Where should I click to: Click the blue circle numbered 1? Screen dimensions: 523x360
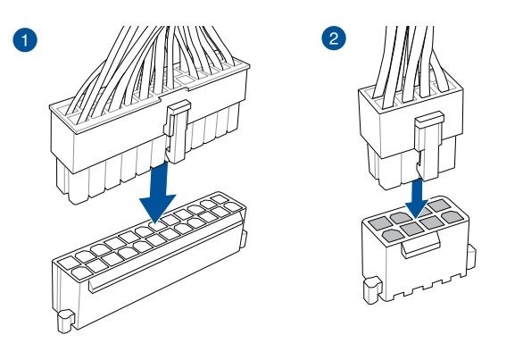pos(25,39)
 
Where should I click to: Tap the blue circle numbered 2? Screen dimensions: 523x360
pos(334,38)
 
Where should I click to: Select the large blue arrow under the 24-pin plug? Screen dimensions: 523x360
pos(158,193)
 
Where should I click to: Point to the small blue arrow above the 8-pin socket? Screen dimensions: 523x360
pos(416,199)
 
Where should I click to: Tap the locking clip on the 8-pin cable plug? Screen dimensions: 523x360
pos(428,146)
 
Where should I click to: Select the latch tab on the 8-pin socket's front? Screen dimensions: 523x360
pos(421,245)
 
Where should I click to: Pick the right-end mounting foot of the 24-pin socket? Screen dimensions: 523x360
pos(243,239)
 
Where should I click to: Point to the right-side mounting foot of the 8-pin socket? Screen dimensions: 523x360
pos(471,257)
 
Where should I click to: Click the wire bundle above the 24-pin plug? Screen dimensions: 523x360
pos(150,67)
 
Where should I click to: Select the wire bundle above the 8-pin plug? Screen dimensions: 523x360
pos(412,63)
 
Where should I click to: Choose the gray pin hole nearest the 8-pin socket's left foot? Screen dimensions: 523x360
pos(394,236)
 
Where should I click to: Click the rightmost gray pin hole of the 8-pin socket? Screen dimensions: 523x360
pos(452,217)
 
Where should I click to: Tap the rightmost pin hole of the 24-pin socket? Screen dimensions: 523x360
pos(233,206)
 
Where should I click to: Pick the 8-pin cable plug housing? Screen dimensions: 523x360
pos(411,135)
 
